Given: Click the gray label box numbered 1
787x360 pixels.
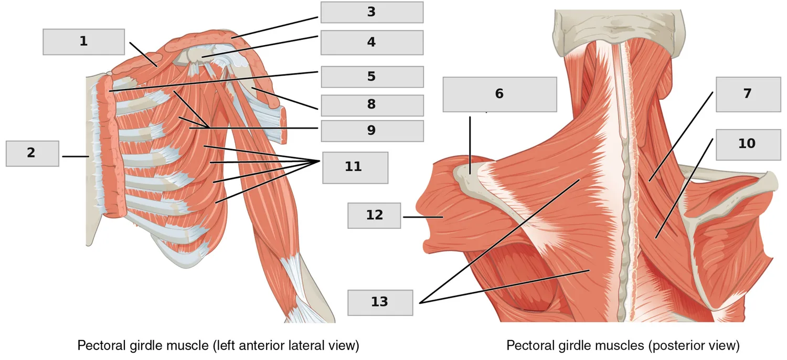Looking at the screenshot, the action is [83, 42].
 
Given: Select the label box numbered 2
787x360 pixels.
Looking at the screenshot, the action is [33, 154].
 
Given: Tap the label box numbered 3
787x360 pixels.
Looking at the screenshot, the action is [371, 12].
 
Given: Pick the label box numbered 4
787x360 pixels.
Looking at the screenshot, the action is [371, 43].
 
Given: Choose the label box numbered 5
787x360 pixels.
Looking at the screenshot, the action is [372, 77].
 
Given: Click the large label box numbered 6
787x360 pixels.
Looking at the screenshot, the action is [499, 94].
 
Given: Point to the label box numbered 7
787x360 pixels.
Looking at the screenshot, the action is [748, 94].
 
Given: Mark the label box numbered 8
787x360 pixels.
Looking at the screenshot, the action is [372, 105].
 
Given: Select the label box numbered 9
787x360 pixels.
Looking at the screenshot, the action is [372, 131].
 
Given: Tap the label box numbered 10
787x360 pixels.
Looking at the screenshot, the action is [748, 144].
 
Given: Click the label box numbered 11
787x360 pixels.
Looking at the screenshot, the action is [355, 168].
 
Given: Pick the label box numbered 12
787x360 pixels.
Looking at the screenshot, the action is [374, 216].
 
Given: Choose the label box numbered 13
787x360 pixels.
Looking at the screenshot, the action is [380, 303].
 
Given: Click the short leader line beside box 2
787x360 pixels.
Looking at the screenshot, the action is [76, 156].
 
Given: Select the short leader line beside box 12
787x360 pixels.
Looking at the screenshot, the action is [423, 217].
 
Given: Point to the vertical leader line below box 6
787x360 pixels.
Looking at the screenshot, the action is [470, 145].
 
